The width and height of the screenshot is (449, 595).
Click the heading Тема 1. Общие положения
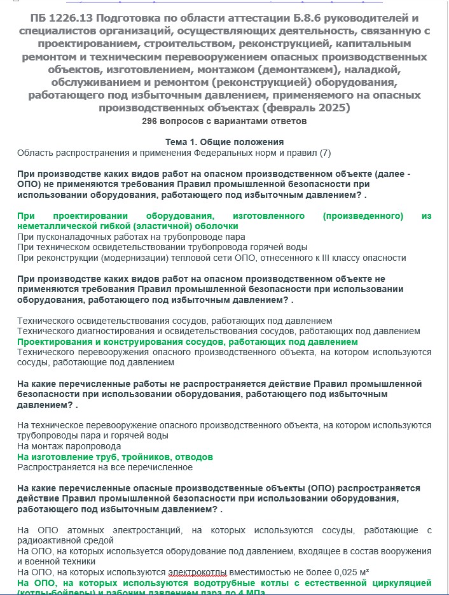pos(224,142)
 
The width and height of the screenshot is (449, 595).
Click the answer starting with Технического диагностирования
pos(218,331)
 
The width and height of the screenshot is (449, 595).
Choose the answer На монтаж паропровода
pos(69,446)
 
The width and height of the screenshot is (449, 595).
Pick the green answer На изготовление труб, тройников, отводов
pos(114,457)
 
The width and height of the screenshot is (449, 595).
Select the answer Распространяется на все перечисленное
pos(104,467)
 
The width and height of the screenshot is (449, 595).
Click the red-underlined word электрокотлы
pos(198,572)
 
